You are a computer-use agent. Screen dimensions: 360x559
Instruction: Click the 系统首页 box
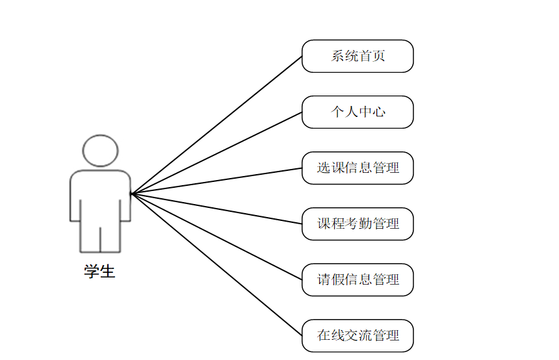[x=357, y=56]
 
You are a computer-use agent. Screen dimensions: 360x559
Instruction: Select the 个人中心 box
[x=357, y=112]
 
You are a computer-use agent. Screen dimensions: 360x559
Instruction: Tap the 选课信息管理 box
[x=357, y=168]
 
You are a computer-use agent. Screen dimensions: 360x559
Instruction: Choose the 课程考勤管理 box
[x=357, y=224]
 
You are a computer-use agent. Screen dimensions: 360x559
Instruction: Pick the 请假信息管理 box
[x=357, y=279]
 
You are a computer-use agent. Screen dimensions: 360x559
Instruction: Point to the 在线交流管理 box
[x=357, y=335]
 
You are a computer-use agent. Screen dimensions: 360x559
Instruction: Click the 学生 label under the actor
[x=99, y=272]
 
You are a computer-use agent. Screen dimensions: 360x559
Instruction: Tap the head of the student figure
[x=100, y=151]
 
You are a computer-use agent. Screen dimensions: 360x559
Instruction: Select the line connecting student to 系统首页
[x=216, y=125]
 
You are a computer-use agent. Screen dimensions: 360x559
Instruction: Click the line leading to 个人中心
[x=216, y=153]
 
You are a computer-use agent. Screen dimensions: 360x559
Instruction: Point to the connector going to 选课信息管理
[x=216, y=181]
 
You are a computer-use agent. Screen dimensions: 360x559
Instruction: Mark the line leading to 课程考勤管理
[x=216, y=209]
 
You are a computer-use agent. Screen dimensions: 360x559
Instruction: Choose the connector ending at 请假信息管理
[x=216, y=237]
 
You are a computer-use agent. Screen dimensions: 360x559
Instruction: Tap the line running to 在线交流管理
[x=216, y=264]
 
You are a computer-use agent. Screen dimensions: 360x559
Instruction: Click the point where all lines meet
[x=131, y=193]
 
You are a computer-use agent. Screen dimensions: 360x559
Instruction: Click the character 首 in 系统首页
[x=365, y=56]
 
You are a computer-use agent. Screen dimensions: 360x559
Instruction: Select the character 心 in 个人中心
[x=379, y=112]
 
